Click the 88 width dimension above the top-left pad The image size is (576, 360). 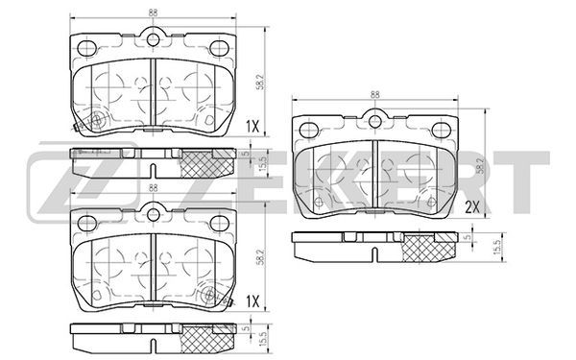[154, 12]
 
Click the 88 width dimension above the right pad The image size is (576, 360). [374, 94]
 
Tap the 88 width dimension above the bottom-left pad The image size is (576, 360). [154, 188]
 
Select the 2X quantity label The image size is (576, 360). [472, 208]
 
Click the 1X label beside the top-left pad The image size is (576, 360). [252, 127]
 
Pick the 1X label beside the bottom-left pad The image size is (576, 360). [252, 302]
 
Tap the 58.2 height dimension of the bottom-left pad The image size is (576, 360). [260, 257]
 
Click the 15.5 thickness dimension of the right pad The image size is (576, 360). [497, 248]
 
